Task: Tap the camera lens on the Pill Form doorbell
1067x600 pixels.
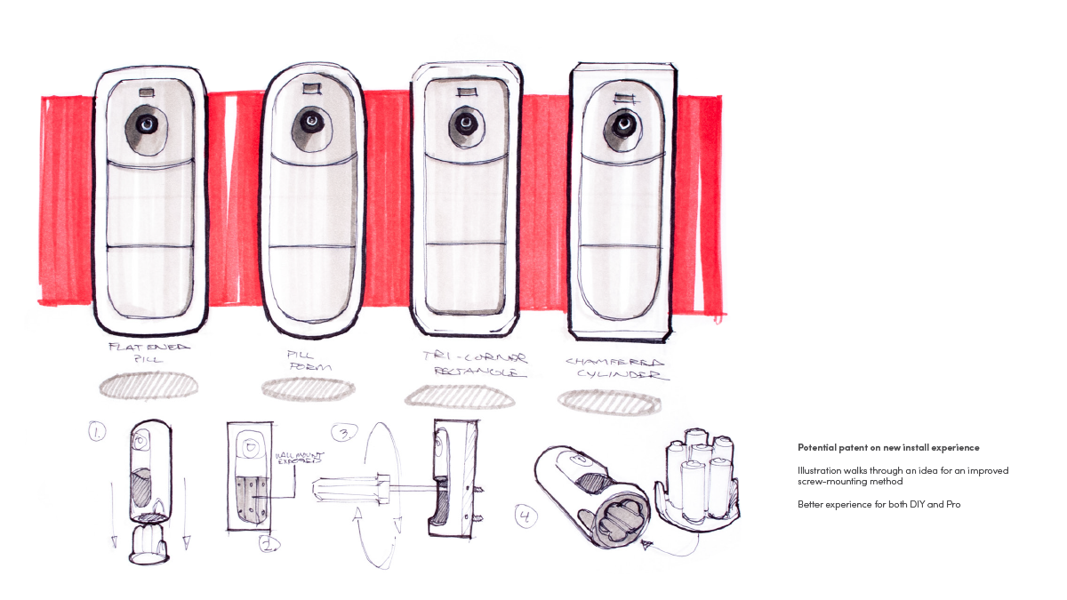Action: pyautogui.click(x=311, y=122)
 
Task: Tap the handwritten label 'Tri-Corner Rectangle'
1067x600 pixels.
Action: pyautogui.click(x=475, y=365)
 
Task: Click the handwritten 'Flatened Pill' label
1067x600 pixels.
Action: pyautogui.click(x=148, y=354)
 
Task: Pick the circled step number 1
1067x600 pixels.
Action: pyautogui.click(x=96, y=433)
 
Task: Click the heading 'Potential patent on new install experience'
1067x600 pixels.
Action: pyautogui.click(x=888, y=447)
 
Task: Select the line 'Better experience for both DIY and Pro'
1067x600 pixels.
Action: pyautogui.click(x=878, y=505)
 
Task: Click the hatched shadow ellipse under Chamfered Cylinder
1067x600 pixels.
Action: pyautogui.click(x=610, y=402)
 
